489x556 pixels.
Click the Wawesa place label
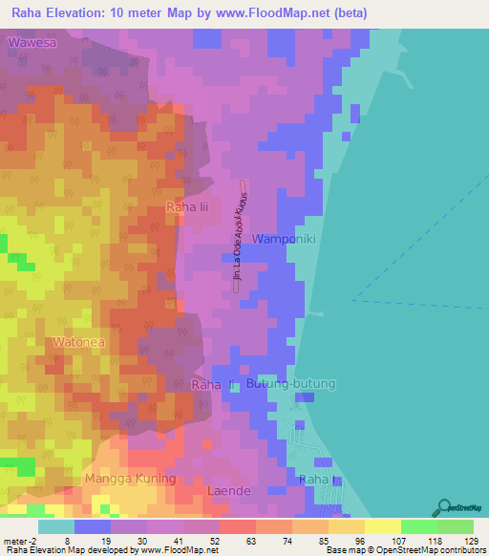(33, 43)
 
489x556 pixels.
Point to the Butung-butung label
(291, 384)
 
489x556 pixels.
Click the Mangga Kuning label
(130, 479)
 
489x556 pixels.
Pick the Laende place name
(228, 491)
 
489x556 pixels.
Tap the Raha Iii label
(187, 206)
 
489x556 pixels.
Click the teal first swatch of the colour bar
(55, 526)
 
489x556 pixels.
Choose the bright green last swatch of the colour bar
(455, 526)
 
